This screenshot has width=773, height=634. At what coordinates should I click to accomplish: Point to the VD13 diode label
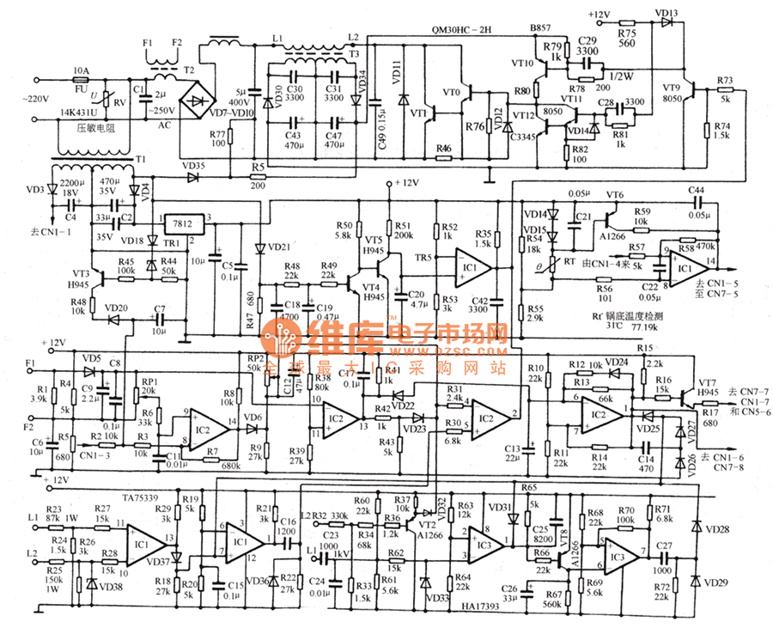666,13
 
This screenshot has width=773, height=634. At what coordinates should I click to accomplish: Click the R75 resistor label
626,31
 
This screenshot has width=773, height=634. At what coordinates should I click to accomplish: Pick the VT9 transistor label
671,87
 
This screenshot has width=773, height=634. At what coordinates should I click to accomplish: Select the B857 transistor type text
540,29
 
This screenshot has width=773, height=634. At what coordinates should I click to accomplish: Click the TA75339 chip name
141,497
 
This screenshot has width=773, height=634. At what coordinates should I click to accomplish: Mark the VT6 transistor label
614,196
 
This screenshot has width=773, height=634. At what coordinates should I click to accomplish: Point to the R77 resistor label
217,134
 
